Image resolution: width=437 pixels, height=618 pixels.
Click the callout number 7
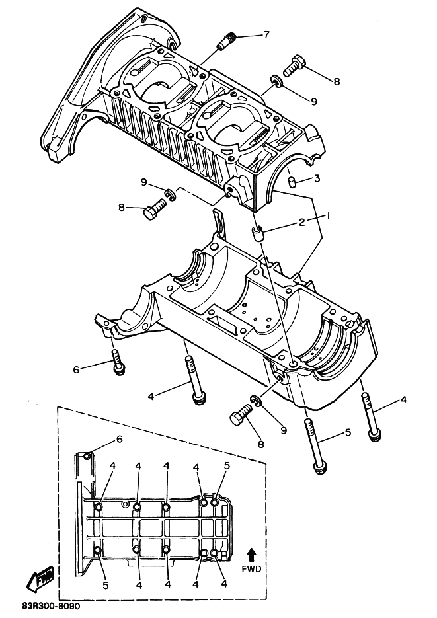coord(267,34)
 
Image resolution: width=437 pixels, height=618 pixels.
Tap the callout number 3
coord(317,178)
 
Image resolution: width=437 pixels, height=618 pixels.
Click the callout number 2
coord(301,222)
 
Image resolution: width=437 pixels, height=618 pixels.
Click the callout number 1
coord(327,215)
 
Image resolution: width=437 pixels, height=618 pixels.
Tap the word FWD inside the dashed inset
coord(251,568)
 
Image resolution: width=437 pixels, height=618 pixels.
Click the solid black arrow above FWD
coord(251,556)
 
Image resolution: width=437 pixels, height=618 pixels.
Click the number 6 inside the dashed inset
coord(120,439)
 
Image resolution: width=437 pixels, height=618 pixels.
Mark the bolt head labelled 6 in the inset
coord(88,456)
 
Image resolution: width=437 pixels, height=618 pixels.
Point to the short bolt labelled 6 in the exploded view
coord(117,362)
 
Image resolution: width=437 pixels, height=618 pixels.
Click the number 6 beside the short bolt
coord(77,369)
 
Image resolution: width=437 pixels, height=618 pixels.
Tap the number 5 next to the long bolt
coord(348,432)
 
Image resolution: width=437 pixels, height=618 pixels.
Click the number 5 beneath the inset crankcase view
coord(105,586)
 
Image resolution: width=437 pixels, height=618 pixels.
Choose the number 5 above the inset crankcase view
coord(227,465)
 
